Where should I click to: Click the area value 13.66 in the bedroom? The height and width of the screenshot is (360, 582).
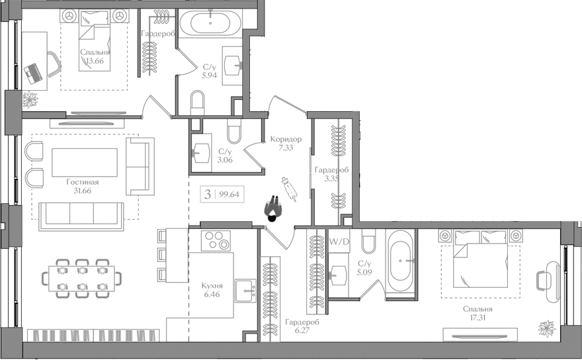click(x=95, y=62)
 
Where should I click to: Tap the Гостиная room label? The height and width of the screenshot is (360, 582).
click(x=83, y=183)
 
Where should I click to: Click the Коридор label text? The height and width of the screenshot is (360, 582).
click(x=286, y=140)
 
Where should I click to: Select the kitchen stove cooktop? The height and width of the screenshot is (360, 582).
click(x=217, y=241)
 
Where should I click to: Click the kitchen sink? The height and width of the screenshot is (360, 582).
click(x=246, y=289)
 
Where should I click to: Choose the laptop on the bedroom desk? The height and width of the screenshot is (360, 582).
click(x=33, y=73)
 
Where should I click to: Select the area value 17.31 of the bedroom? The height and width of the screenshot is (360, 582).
click(x=477, y=318)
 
